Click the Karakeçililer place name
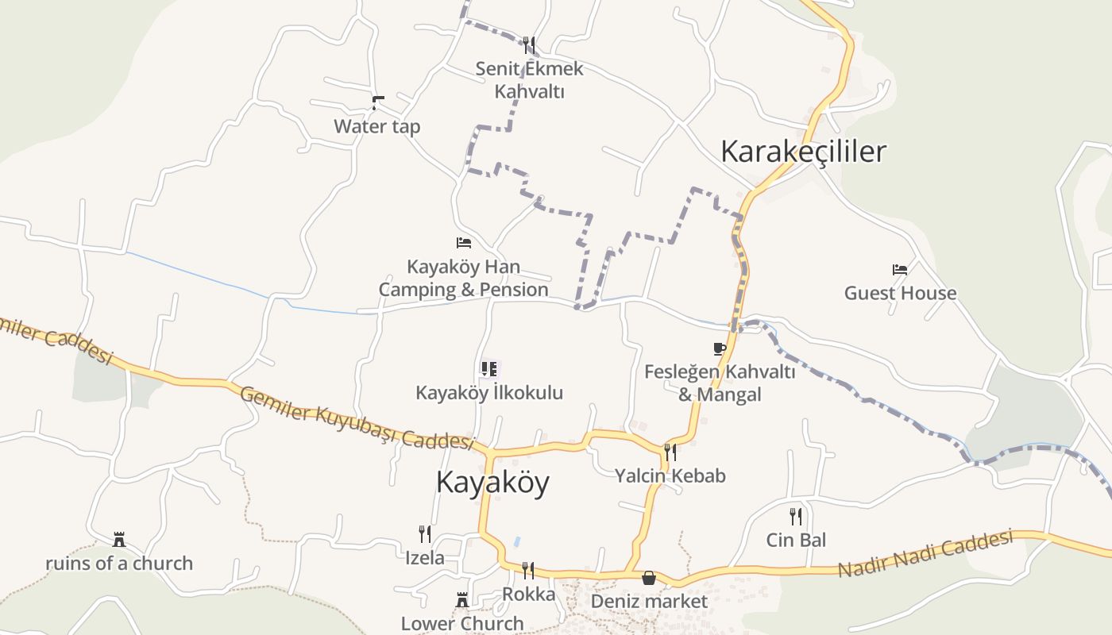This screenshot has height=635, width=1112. pos(802,151)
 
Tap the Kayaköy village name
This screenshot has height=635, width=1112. pos(492,482)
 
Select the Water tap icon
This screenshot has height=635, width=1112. pos(377,102)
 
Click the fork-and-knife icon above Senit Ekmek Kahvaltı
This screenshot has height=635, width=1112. pos(529,44)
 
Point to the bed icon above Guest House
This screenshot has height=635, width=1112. pos(899,270)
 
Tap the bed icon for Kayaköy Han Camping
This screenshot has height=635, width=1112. pos(464,243)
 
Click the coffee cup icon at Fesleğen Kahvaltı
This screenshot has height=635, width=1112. pos(720,348)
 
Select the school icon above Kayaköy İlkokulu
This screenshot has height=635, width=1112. pos(488,369)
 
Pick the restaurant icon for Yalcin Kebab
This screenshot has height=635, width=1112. pos(670,452)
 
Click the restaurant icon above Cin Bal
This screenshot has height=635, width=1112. pos(796,517)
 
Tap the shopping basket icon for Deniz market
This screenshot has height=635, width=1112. pos(649,578)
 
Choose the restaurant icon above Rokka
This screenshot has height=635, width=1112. pos(528,570)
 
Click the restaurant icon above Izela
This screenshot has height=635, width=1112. pos(425,533)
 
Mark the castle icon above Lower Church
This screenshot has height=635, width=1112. pos(461,600)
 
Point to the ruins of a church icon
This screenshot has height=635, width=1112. pos(119,540)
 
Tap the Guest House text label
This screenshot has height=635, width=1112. pos(900,293)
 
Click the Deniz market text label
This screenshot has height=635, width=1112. pos(649,601)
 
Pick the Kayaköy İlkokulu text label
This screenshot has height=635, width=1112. pos(489,392)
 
